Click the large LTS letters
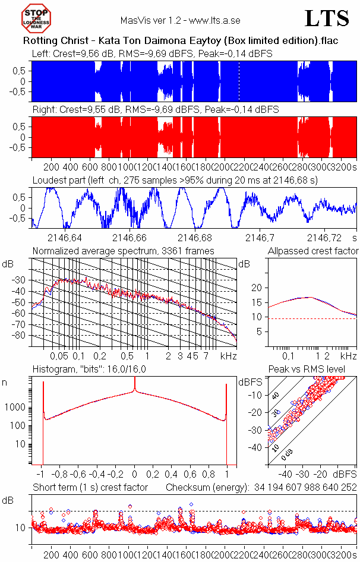click(326, 19)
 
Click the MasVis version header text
click(180, 20)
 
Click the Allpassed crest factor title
click(313, 251)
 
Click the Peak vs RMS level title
click(315, 370)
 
